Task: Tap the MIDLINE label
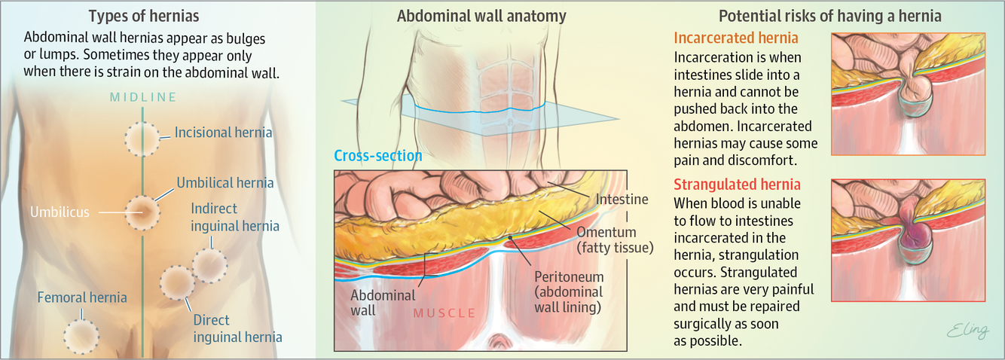click(143, 97)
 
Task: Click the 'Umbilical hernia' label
click(225, 182)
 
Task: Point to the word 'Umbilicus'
click(60, 212)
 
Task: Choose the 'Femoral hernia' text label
click(82, 297)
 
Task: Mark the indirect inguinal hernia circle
click(209, 264)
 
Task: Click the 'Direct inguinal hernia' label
click(237, 328)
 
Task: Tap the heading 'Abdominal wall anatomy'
click(481, 16)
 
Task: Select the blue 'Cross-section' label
click(377, 156)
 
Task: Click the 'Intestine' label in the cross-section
click(622, 200)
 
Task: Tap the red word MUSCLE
click(444, 313)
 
